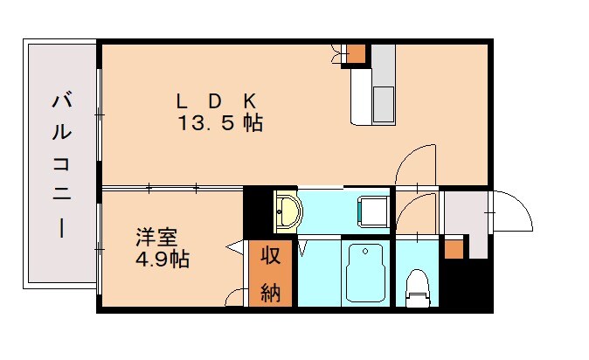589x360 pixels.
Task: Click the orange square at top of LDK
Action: pos(355,53)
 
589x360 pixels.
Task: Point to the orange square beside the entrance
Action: pos(453,248)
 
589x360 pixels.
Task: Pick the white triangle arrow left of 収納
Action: pos(235,249)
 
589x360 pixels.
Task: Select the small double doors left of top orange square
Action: pos(336,54)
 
